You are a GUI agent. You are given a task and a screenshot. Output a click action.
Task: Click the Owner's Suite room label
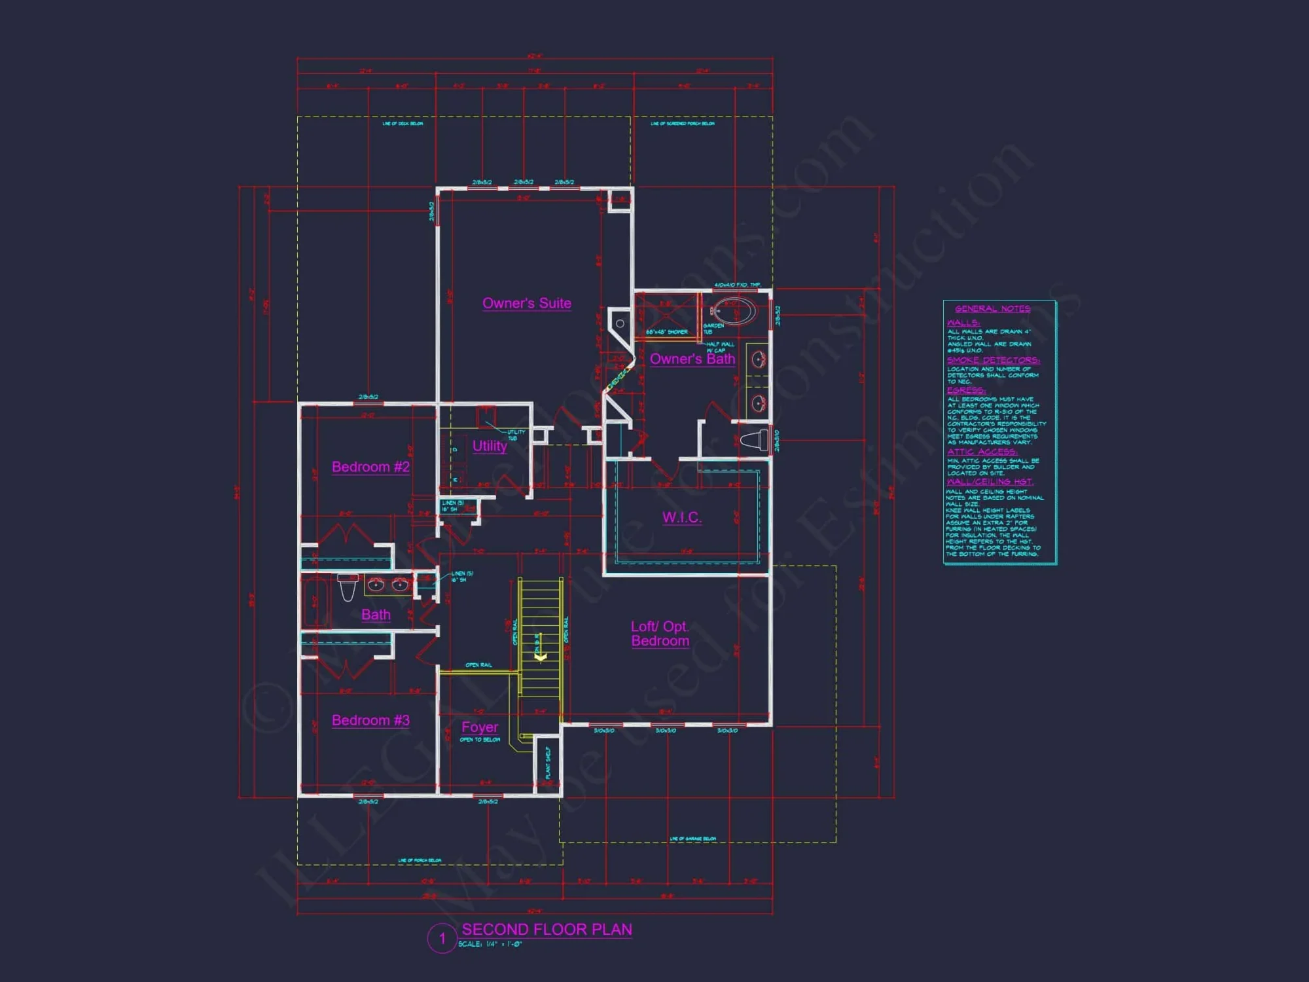point(527,303)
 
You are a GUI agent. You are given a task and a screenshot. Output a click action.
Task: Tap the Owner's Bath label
point(692,359)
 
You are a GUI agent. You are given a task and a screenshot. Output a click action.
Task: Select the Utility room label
point(490,446)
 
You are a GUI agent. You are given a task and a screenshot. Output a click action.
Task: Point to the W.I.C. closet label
point(681,517)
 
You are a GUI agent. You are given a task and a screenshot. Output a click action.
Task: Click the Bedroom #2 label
point(370,467)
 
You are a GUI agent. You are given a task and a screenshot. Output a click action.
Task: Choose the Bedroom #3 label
point(370,720)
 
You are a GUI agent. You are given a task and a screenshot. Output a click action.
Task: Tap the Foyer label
point(480,727)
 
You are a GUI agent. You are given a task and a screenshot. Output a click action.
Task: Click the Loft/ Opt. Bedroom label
point(660,634)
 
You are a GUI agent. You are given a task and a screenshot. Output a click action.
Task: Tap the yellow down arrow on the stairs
point(541,655)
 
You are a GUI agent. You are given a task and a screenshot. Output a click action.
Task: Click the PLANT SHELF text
point(548,763)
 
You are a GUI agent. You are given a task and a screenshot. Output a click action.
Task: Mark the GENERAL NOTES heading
point(992,308)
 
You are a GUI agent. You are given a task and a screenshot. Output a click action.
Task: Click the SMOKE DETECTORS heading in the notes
point(993,360)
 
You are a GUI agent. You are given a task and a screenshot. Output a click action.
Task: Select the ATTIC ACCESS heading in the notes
point(982,452)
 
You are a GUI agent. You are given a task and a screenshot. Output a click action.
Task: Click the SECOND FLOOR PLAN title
point(547,930)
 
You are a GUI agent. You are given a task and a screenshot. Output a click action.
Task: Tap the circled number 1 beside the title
point(442,939)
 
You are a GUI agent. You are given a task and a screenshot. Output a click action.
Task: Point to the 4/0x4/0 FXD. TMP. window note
point(737,285)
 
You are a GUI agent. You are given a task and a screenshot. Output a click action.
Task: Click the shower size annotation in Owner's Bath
point(667,332)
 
